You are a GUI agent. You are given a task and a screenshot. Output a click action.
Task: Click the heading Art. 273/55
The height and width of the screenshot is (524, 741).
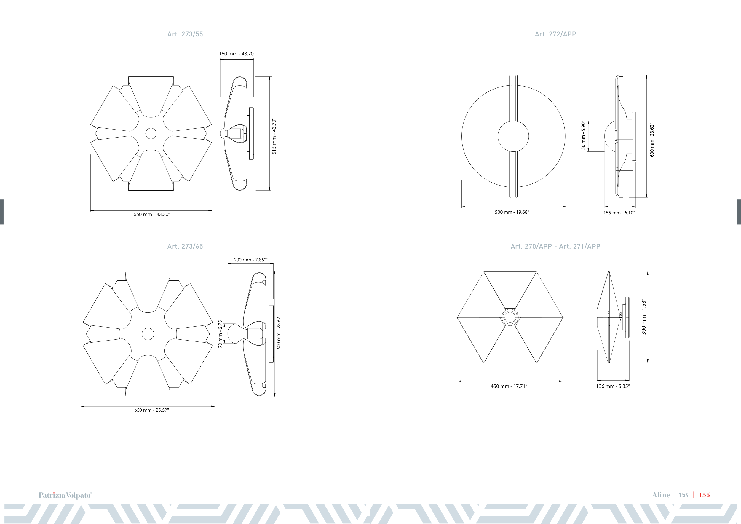185,34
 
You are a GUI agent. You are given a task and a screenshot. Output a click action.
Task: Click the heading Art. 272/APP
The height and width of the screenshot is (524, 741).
555,34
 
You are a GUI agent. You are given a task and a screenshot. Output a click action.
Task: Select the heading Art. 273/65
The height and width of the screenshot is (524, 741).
185,247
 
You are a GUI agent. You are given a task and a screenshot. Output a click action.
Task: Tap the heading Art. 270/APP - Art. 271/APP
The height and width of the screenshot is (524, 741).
555,247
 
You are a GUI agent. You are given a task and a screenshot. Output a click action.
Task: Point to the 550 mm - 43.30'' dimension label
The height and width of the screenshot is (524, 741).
152,214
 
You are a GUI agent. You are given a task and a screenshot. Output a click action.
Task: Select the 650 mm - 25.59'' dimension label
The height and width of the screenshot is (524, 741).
152,410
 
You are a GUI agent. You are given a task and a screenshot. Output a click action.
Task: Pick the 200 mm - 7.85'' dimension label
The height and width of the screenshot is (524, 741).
251,260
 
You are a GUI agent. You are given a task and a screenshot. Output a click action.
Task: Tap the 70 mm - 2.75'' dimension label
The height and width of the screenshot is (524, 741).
220,333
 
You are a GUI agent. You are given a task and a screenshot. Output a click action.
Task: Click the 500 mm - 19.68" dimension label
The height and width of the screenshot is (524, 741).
512,212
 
